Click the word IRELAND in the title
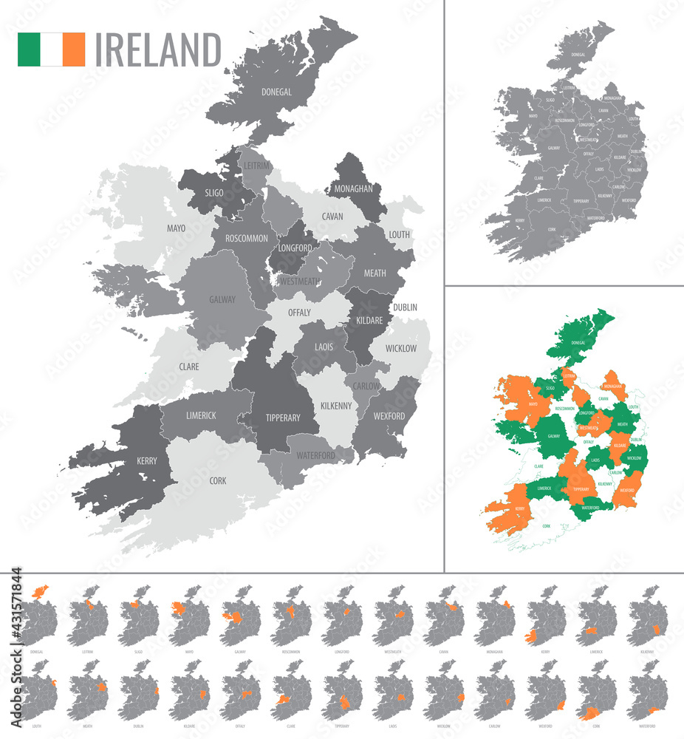click(158, 50)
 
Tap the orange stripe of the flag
click(74, 50)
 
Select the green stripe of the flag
click(30, 50)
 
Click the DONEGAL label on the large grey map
click(276, 92)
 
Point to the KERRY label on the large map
click(147, 461)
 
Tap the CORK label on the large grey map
click(218, 480)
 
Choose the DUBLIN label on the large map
click(405, 307)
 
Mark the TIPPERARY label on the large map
click(283, 418)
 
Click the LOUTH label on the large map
click(399, 235)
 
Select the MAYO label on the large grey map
click(176, 228)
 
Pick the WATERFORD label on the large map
click(316, 455)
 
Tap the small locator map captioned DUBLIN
click(138, 690)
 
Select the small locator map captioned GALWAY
click(240, 616)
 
